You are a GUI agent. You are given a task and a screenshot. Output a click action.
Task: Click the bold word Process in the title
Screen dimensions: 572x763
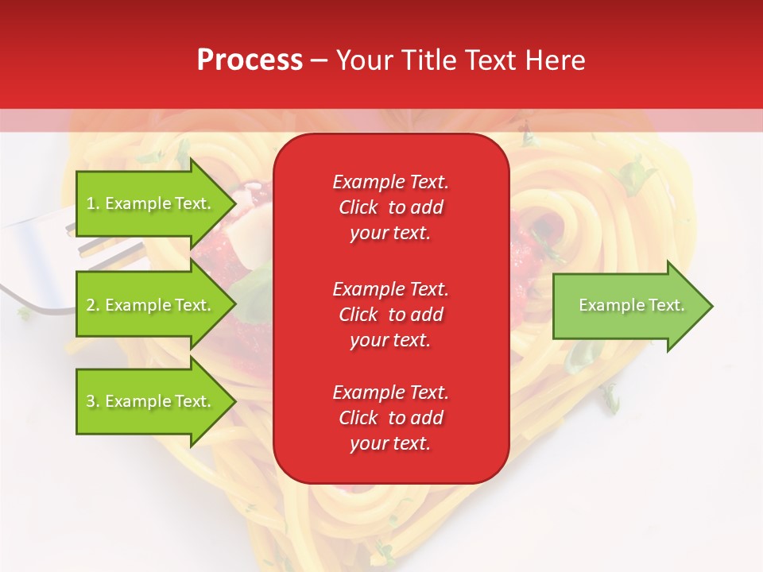coord(250,60)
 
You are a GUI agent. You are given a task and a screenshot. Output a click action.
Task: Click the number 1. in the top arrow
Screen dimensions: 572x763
coord(93,203)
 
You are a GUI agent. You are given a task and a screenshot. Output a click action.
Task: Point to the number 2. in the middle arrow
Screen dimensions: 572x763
coord(93,305)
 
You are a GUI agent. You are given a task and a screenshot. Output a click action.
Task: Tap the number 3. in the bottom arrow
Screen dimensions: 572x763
coord(93,401)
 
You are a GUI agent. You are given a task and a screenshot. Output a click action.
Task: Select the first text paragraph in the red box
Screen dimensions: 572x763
coord(390,207)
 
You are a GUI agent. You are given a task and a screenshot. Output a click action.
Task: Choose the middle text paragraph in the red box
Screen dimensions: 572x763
coord(390,314)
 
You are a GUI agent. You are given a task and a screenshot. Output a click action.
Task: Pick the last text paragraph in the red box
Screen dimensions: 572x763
coord(390,418)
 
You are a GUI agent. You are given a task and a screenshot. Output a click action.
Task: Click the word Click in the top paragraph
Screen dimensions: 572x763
coord(358,207)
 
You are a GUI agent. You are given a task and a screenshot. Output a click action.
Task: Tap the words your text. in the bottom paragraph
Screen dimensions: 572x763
coord(390,444)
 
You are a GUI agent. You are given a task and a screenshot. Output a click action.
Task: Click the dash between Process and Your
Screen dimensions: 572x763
coord(319,61)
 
